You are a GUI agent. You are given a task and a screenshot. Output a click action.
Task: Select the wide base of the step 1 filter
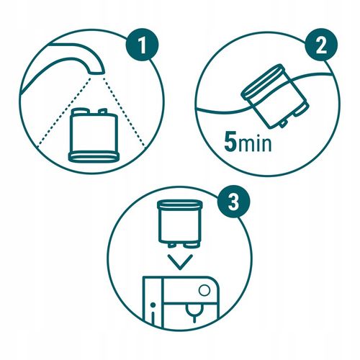91,156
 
